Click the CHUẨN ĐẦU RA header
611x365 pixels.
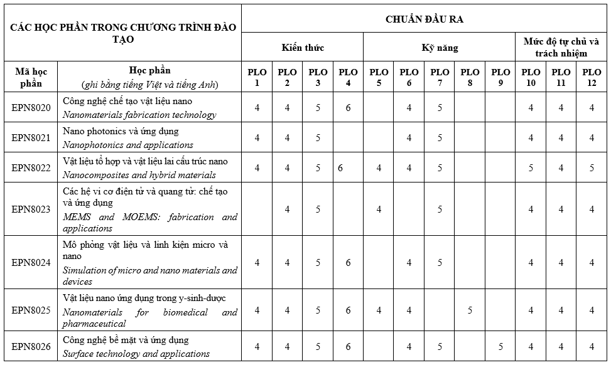[x=424, y=19]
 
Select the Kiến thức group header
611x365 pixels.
[x=302, y=48]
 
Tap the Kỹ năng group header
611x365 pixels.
[x=439, y=48]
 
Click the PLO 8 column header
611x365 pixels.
[x=470, y=77]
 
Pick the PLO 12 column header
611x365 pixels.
[x=592, y=77]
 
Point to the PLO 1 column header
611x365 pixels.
[x=257, y=77]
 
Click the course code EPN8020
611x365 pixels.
[x=31, y=108]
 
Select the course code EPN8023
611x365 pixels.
[x=31, y=209]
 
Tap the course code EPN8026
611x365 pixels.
[x=31, y=347]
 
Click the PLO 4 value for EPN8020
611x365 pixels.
[x=348, y=108]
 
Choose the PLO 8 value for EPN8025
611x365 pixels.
[x=470, y=310]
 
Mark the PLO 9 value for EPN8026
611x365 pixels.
[x=500, y=347]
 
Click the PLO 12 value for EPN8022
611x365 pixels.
[x=592, y=168]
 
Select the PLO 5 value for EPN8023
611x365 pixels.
[x=379, y=209]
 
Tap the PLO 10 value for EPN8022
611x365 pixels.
[x=531, y=168]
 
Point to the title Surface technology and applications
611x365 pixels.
[x=136, y=354]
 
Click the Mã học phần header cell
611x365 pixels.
[x=31, y=77]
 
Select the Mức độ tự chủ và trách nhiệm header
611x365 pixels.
[x=561, y=48]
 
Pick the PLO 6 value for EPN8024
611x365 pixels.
[x=409, y=263]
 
